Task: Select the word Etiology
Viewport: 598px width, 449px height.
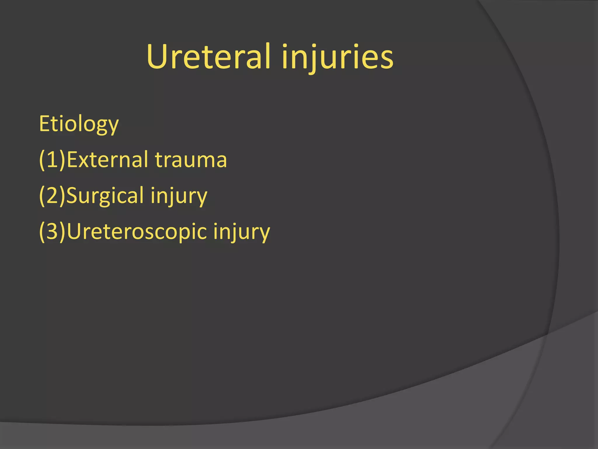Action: (79, 124)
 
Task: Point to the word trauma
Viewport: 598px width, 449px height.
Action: (191, 160)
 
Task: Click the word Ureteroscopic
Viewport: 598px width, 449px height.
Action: (137, 232)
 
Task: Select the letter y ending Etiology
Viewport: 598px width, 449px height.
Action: (113, 126)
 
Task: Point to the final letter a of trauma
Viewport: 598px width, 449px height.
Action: (220, 161)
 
